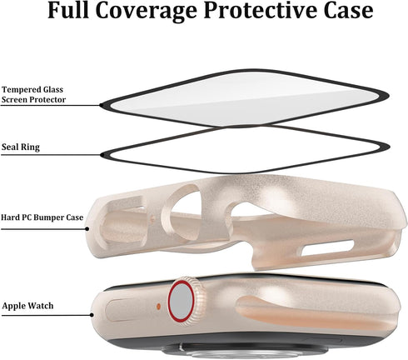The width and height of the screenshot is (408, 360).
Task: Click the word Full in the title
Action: (x=68, y=11)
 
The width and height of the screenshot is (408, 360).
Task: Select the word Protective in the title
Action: (x=261, y=11)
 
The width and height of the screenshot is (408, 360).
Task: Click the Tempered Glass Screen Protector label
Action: (x=33, y=94)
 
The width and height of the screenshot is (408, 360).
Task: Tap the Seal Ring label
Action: (x=21, y=147)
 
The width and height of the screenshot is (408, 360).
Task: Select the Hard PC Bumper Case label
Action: (x=42, y=217)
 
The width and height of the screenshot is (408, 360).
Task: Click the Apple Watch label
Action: (x=27, y=306)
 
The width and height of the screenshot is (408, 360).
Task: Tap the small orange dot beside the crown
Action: (x=158, y=307)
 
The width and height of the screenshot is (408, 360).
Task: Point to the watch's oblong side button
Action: (x=127, y=310)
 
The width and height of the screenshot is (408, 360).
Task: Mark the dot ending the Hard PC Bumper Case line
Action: (x=87, y=229)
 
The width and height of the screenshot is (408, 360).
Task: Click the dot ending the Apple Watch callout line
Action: (x=92, y=315)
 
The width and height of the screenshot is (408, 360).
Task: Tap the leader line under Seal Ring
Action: (x=51, y=155)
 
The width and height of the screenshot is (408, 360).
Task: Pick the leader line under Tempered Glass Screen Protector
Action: (x=50, y=105)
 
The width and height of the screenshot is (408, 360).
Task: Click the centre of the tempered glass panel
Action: (x=245, y=97)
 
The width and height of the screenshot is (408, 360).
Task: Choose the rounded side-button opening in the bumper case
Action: (x=122, y=222)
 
